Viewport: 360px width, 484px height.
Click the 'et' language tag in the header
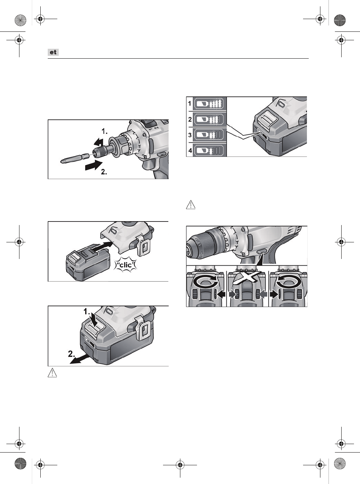point(53,52)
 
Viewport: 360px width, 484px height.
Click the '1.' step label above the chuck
point(105,131)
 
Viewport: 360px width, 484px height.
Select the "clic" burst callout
point(126,265)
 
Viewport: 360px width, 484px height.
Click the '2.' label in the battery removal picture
point(72,354)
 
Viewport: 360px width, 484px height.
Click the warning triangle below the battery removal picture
point(52,373)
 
